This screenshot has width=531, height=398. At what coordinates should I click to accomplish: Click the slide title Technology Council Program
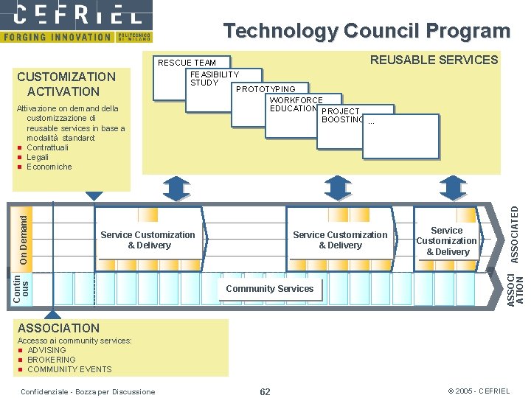367,31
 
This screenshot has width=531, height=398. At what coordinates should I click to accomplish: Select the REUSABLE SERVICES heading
434,60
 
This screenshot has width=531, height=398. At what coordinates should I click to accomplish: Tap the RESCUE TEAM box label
187,63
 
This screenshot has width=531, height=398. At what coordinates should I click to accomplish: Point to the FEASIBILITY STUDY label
214,78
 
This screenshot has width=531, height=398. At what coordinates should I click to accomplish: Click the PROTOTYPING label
265,89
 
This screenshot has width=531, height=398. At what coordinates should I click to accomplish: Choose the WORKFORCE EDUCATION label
296,105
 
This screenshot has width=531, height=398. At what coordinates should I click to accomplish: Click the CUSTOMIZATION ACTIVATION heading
66,84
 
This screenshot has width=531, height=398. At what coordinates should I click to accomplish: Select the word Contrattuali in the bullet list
47,147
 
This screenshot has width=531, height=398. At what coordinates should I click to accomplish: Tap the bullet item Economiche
49,167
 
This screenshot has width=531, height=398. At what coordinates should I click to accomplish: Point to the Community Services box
269,289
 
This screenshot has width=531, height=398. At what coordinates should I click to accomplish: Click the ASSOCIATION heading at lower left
58,328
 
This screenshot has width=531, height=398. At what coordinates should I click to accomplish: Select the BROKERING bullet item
51,360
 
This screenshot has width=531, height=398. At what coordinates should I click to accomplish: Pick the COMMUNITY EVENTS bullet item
69,369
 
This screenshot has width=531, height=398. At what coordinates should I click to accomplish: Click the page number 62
265,391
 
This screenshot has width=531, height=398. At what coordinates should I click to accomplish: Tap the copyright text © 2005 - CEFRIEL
479,391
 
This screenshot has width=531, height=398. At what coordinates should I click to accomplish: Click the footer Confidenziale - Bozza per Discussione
89,391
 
